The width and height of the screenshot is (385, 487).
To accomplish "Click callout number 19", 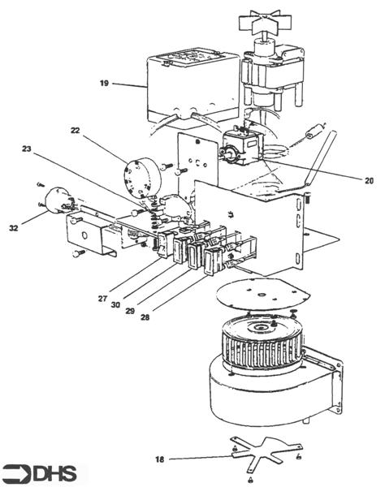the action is point(104,84).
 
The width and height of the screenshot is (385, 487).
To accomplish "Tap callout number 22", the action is point(76,131).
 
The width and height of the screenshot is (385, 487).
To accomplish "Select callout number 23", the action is point(27,149).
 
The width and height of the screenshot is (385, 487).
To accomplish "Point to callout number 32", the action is point(14,228).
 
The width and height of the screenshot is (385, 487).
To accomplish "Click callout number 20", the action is point(369,180).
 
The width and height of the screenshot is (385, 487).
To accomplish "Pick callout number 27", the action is point(102,299).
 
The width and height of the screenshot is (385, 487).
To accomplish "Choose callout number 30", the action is point(115,305).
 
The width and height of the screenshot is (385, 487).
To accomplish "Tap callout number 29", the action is point(130,311).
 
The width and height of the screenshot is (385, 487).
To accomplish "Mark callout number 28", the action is point(145,317).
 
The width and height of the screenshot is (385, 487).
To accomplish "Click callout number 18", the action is point(159,459).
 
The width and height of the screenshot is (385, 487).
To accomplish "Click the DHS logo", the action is point(40,473).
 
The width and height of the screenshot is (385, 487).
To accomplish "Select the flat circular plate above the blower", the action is point(262,294).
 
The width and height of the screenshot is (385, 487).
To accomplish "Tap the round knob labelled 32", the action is point(57,200).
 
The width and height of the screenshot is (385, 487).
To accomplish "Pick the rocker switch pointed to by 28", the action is point(212,261).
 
